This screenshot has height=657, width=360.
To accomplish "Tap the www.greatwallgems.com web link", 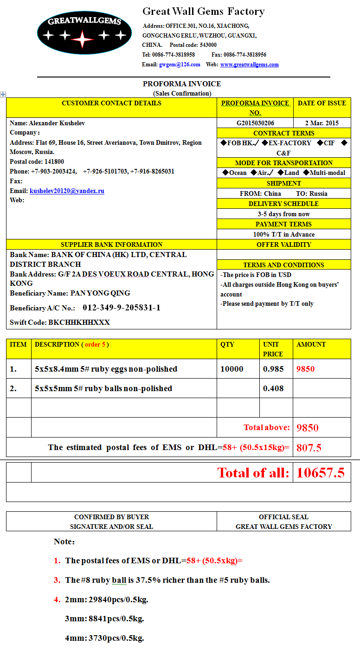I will click(x=249, y=64).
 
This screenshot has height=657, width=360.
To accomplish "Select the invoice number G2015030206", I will click(x=255, y=123).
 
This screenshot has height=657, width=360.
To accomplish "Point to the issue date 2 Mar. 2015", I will click(x=321, y=123).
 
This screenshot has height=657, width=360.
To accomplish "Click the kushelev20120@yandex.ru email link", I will click(x=67, y=191).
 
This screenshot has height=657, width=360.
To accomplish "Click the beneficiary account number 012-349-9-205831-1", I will click(x=122, y=308).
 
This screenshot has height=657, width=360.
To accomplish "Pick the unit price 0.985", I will click(x=273, y=369).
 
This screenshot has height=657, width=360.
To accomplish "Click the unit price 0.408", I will click(x=273, y=388).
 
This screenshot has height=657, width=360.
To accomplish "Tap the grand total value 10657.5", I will click(x=321, y=473).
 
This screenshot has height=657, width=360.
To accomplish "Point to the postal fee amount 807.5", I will click(x=309, y=448).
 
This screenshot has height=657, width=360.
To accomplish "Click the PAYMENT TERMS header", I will click(x=283, y=224).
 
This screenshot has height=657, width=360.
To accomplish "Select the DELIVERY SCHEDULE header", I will click(x=283, y=204).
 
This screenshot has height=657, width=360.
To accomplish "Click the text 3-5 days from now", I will click(x=283, y=214).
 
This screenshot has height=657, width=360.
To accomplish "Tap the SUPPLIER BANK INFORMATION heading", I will click(x=111, y=245).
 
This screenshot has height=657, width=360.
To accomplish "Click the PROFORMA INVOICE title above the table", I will click(x=182, y=84).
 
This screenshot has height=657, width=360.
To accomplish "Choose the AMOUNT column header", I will click(x=311, y=344).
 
